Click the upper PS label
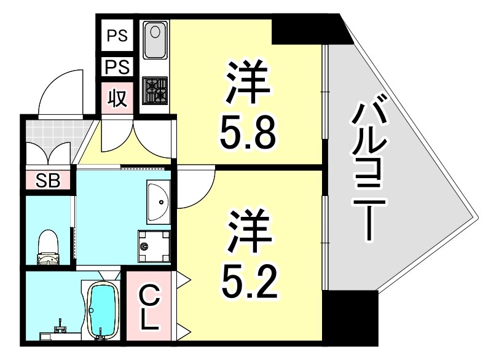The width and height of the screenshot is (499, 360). tap(118, 36)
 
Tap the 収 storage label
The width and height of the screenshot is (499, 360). tap(118, 98)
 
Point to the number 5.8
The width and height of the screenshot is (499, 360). tap(248, 135)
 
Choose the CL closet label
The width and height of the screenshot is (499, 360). tap(149, 307)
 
